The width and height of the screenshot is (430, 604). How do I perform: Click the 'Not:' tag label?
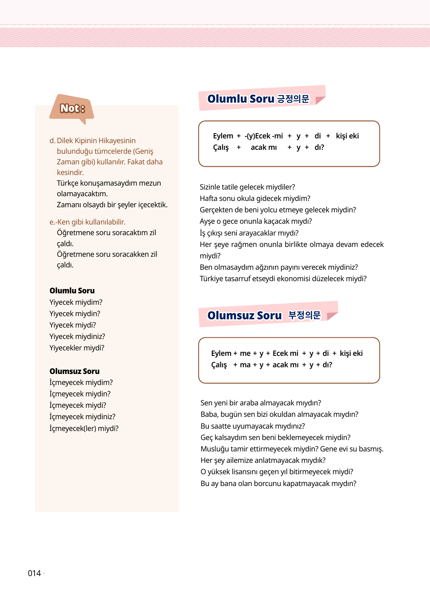click(72, 108)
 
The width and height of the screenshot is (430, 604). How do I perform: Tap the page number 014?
click(34, 573)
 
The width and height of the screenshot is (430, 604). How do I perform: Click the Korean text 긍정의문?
click(293, 99)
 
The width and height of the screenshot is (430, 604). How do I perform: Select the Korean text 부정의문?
click(305, 315)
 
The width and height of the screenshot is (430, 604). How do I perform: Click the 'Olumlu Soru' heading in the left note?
click(72, 291)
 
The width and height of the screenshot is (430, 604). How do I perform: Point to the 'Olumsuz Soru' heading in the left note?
click(74, 371)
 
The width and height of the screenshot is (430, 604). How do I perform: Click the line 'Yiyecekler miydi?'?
click(77, 348)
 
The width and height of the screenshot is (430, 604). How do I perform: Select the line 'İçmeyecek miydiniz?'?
click(82, 417)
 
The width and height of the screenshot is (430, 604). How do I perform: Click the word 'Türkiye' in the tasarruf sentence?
click(212, 279)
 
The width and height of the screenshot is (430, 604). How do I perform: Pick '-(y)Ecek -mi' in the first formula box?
click(264, 136)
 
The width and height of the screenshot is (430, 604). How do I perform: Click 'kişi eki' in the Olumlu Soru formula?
click(347, 136)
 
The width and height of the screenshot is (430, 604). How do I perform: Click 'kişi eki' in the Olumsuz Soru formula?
click(351, 354)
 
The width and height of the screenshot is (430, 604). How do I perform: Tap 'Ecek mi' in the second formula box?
click(285, 354)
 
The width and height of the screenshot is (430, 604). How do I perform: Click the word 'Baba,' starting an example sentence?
click(209, 414)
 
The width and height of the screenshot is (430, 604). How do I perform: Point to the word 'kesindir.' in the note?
click(70, 173)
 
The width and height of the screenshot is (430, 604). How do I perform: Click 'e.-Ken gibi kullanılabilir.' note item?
click(87, 222)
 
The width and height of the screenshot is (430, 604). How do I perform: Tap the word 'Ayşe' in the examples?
click(207, 221)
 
